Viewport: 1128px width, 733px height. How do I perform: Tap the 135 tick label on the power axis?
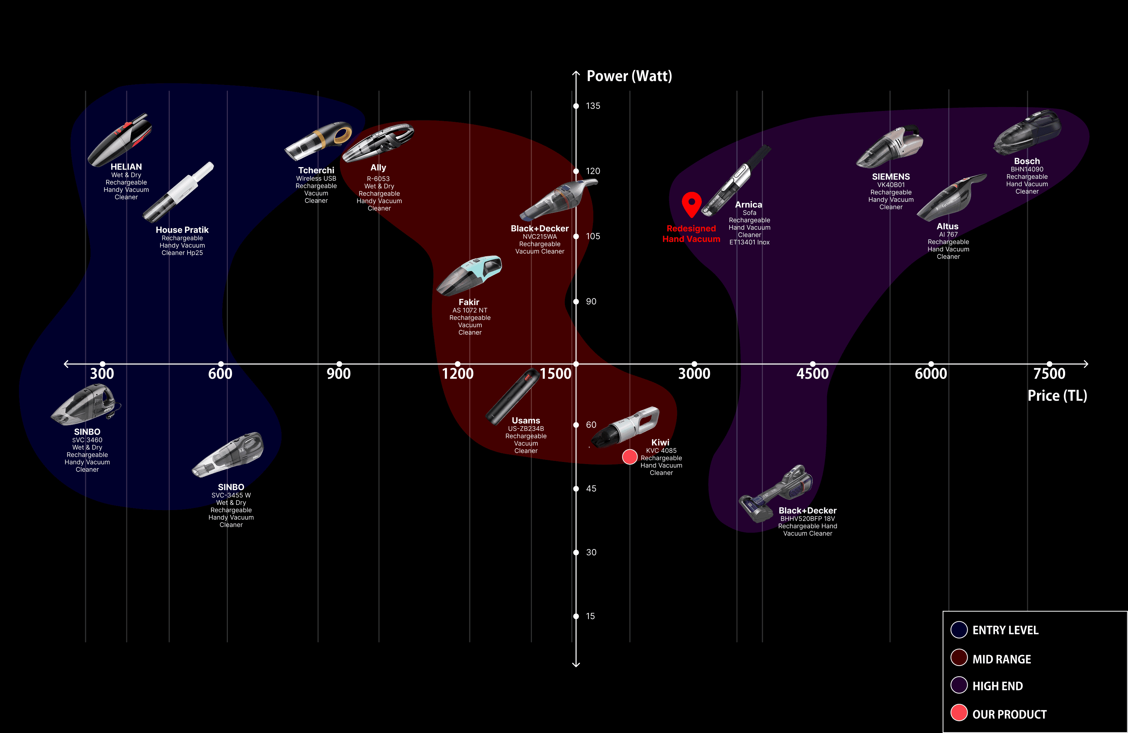pyautogui.click(x=593, y=106)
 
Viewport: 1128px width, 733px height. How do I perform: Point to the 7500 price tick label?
pyautogui.click(x=1049, y=374)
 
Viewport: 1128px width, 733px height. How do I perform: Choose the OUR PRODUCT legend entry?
pyautogui.click(x=1009, y=714)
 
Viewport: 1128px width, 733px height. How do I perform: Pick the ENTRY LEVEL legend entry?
pyautogui.click(x=1005, y=630)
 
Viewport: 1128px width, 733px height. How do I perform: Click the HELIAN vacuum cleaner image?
pyautogui.click(x=120, y=139)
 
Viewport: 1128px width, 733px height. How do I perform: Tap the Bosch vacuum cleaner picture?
pyautogui.click(x=1027, y=132)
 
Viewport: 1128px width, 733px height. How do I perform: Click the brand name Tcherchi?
pyautogui.click(x=316, y=171)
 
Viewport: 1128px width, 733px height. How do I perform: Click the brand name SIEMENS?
pyautogui.click(x=891, y=177)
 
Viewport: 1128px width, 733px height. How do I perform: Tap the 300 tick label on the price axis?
pyautogui.click(x=102, y=374)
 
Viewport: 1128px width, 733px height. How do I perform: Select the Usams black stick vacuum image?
pyautogui.click(x=512, y=397)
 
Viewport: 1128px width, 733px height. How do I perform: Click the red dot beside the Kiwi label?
pyautogui.click(x=629, y=457)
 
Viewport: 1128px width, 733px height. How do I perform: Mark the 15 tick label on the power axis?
pyautogui.click(x=590, y=616)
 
